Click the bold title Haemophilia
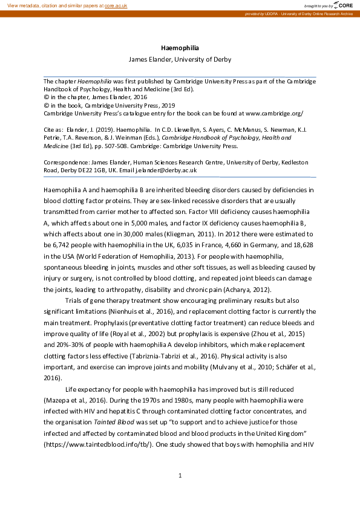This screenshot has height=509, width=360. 180,47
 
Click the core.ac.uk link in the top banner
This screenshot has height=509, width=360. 116,5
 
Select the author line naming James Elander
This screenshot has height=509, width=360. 180,59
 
